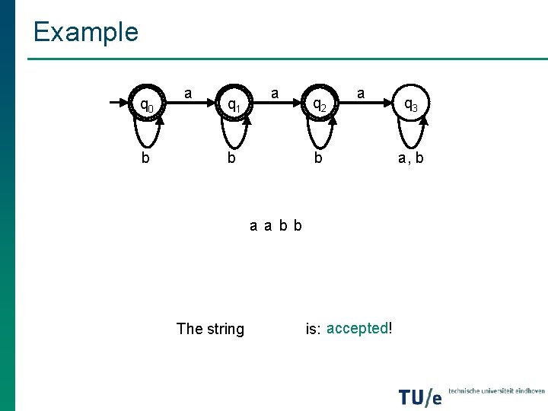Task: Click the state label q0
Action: click(145, 105)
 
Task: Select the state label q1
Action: click(234, 105)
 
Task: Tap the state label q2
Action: click(320, 105)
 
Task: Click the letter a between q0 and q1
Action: click(188, 94)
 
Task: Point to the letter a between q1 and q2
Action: click(275, 94)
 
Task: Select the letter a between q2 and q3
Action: click(361, 94)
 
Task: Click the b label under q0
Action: click(145, 158)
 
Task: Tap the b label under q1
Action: click(232, 158)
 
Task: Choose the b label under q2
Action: click(320, 158)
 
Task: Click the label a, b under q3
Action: click(410, 158)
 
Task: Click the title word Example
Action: click(85, 32)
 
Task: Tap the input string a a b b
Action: click(276, 225)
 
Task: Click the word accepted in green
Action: click(357, 328)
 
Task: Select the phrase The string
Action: click(210, 329)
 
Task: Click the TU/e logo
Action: click(420, 396)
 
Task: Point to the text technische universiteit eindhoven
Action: click(496, 390)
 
